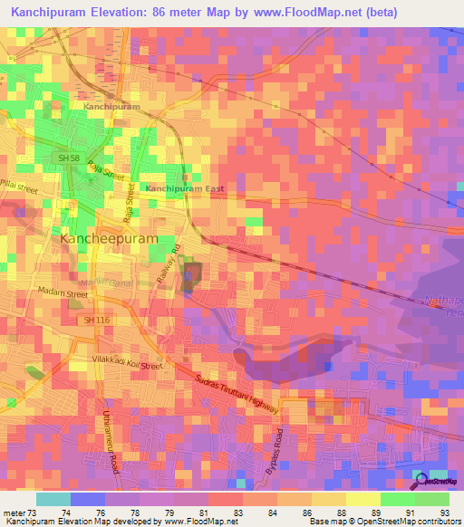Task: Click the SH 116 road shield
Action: coord(95,321)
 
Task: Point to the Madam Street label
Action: coord(63,293)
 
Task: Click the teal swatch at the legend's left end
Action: coord(53,499)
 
